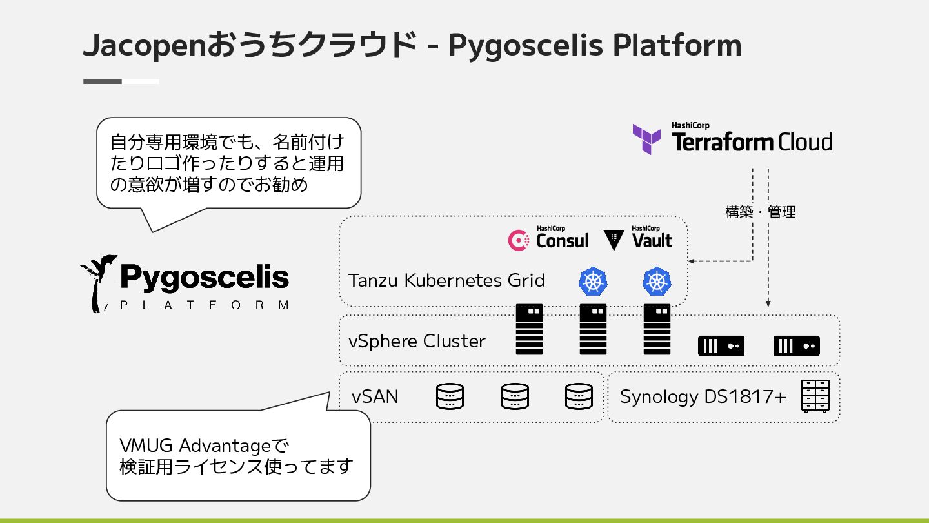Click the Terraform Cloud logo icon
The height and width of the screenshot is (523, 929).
pyautogui.click(x=646, y=139)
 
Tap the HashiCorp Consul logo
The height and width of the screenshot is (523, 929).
pyautogui.click(x=548, y=239)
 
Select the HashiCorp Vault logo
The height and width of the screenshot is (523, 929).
pyautogui.click(x=638, y=239)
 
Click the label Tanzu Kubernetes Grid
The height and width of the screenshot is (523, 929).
pyautogui.click(x=446, y=280)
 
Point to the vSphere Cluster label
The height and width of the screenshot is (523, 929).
pyautogui.click(x=417, y=341)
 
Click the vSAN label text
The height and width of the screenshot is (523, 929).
pyautogui.click(x=375, y=396)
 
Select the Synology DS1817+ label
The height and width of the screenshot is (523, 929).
pyautogui.click(x=703, y=396)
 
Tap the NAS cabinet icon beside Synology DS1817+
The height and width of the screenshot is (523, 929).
pyautogui.click(x=815, y=396)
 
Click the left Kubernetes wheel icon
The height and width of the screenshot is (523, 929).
pyautogui.click(x=593, y=282)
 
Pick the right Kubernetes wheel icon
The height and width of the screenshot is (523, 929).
pyautogui.click(x=657, y=282)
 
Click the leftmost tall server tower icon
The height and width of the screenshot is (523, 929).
pyautogui.click(x=529, y=329)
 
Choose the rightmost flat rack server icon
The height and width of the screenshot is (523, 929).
pyautogui.click(x=797, y=346)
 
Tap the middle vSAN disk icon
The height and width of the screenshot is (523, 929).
pyautogui.click(x=515, y=396)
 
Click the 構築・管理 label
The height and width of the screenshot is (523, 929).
pyautogui.click(x=761, y=212)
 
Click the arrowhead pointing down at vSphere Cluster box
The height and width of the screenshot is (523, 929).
pyautogui.click(x=768, y=303)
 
